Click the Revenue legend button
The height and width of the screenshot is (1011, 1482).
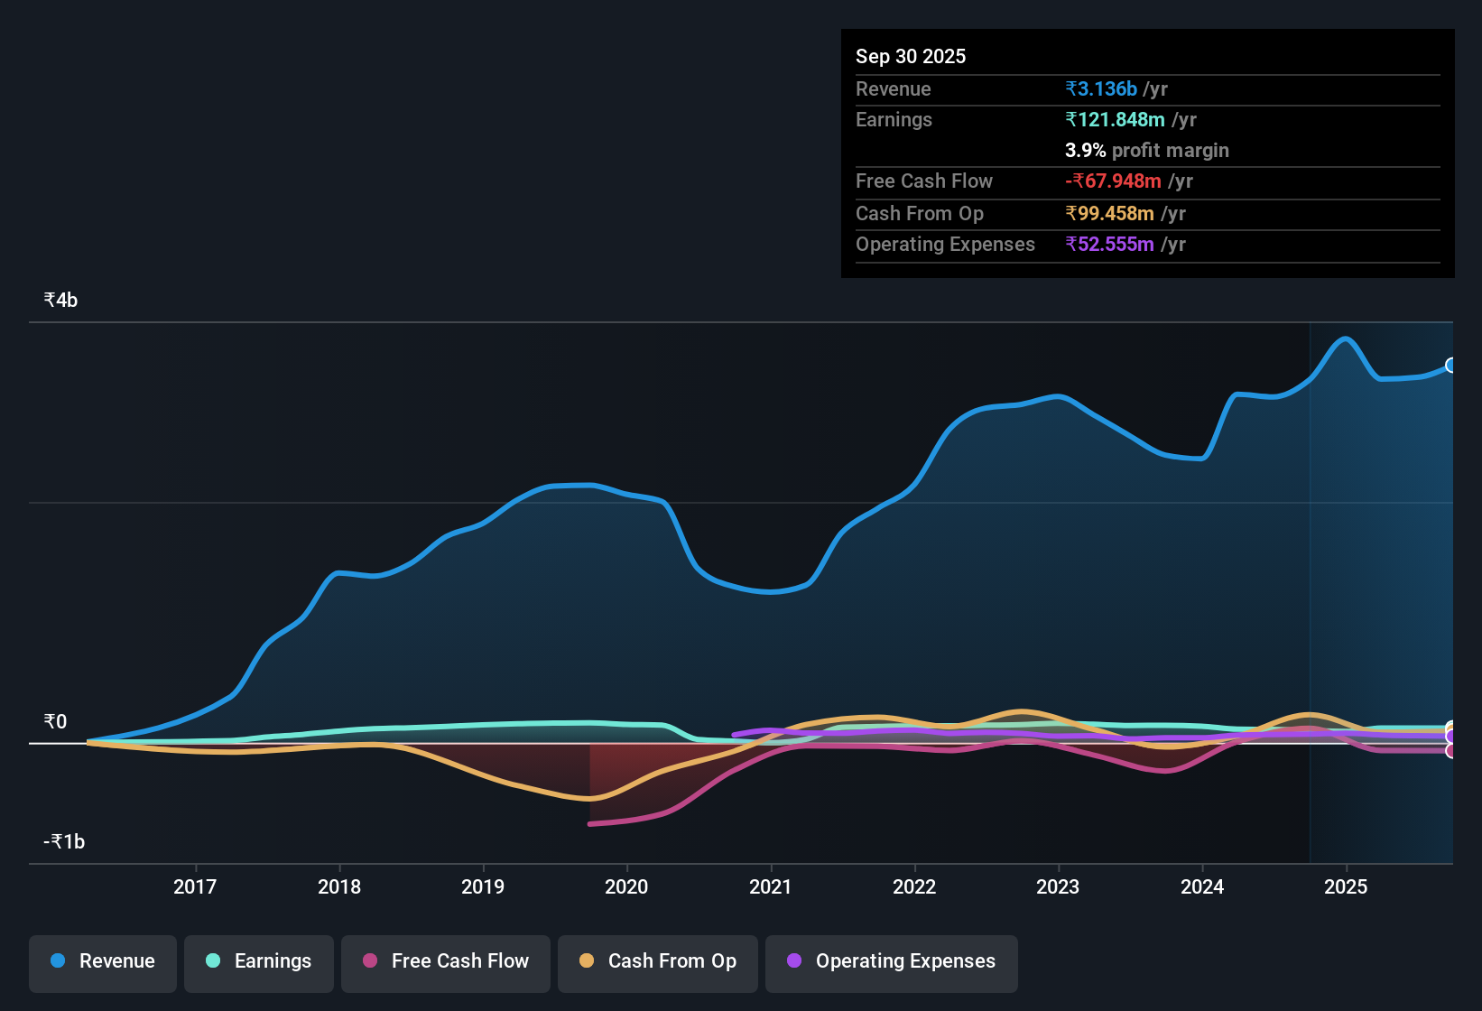103,961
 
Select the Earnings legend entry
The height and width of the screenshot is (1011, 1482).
259,961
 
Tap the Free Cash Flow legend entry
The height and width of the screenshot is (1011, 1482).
446,961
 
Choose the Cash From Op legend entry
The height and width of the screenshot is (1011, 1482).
658,961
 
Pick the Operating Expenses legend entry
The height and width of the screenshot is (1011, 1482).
892,961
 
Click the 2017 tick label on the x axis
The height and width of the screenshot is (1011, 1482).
195,886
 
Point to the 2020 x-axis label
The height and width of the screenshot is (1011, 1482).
626,886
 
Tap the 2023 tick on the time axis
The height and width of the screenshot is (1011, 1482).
1058,886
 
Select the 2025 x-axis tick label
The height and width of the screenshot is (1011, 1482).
1346,886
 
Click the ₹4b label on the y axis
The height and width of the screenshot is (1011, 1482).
61,301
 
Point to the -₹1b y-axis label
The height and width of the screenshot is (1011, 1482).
64,841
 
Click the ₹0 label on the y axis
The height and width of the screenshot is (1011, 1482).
56,721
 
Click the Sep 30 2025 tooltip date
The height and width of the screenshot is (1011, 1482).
910,57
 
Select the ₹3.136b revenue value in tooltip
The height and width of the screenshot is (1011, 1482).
1101,89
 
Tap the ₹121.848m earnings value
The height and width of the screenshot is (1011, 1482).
1115,120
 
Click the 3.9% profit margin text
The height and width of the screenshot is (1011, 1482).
1146,151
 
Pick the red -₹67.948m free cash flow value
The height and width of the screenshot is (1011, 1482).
1113,181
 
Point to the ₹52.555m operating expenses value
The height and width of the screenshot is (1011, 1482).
1109,245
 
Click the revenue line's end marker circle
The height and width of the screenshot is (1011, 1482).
1451,365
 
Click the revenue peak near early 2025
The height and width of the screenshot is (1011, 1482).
1346,339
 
